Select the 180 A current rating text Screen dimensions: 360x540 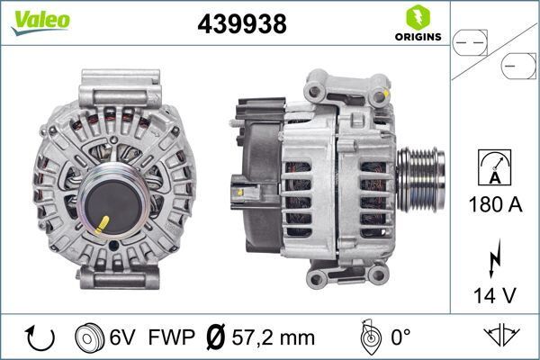[x=495, y=205]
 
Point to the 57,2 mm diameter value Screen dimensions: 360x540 [x=274, y=338]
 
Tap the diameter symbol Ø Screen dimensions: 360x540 [x=216, y=338]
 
